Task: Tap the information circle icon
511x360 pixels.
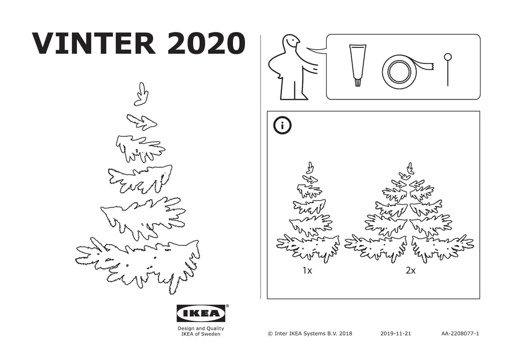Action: point(282,126)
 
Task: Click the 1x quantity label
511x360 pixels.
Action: point(307,271)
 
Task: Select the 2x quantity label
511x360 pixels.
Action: point(411,271)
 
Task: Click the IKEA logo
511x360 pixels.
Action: point(201,314)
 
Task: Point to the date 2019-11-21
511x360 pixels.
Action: point(396,333)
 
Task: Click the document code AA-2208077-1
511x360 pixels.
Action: point(460,333)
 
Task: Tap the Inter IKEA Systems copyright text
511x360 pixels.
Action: point(310,333)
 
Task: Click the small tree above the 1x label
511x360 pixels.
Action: point(308,215)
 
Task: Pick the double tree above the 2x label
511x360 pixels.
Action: point(409,215)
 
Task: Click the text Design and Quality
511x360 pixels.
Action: point(201,329)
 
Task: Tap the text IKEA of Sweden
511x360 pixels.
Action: point(201,334)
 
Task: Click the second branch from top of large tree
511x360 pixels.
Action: point(142,121)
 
